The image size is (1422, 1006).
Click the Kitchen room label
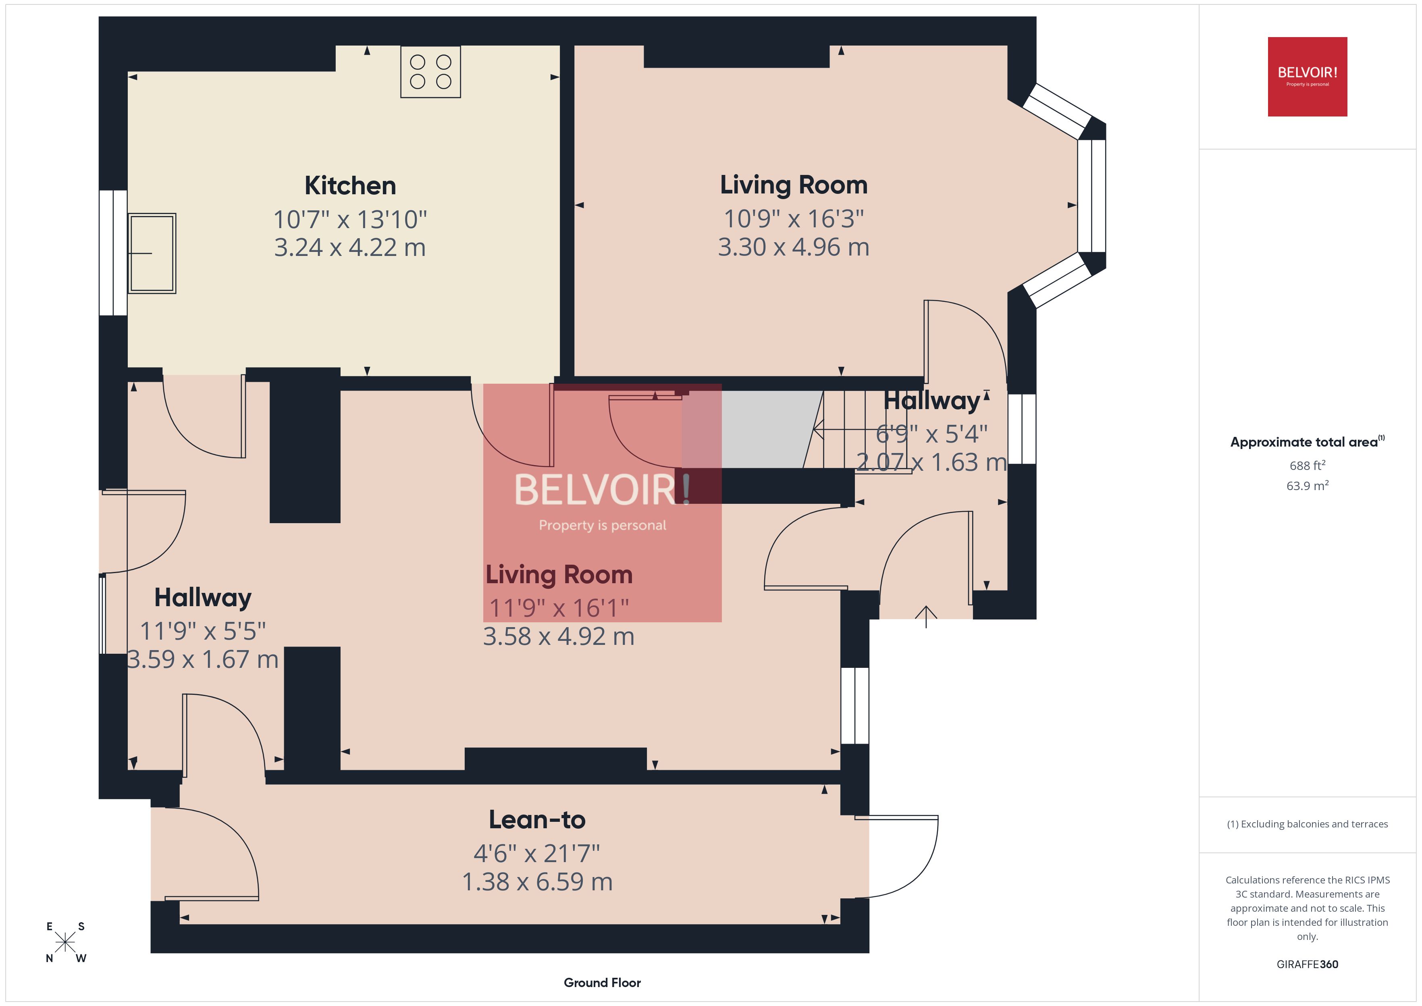350,186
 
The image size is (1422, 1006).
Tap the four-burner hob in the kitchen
430,72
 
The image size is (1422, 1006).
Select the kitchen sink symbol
152,254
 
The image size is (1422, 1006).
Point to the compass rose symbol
65,943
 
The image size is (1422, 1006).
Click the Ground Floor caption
602,983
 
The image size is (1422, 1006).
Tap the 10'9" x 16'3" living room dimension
793,219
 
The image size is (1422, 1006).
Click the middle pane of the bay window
1091,196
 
